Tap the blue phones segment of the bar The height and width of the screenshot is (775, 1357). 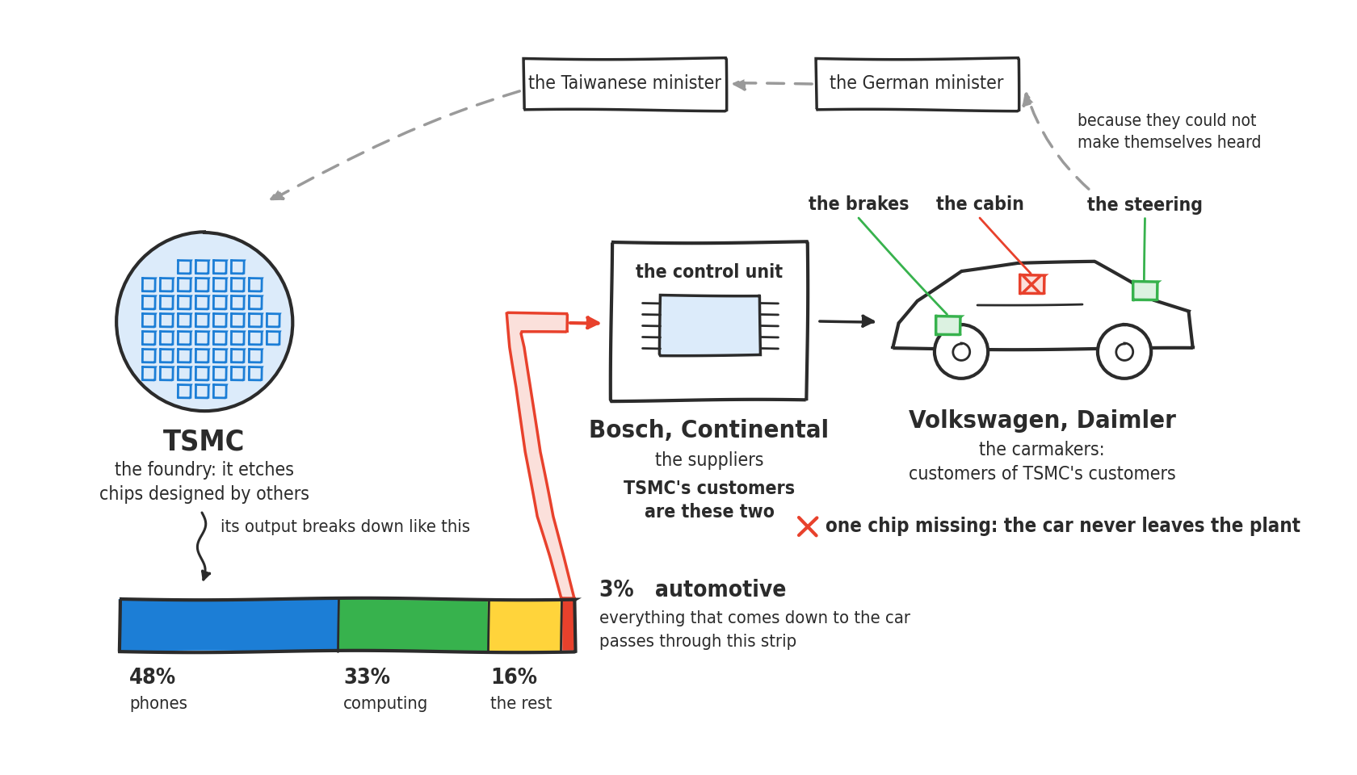click(229, 626)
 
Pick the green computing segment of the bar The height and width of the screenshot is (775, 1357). click(414, 626)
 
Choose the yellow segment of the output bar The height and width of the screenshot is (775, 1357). click(525, 626)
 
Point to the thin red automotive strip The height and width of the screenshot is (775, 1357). click(569, 626)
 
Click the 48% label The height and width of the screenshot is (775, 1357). click(152, 677)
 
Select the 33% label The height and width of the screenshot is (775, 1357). click(367, 677)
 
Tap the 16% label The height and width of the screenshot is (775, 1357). click(514, 677)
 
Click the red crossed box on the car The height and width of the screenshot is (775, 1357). click(1031, 284)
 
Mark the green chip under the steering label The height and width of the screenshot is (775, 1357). click(1145, 291)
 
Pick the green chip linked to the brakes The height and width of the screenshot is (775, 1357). click(947, 325)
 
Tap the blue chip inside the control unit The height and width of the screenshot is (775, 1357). click(710, 325)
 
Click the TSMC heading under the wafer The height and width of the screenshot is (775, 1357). click(204, 441)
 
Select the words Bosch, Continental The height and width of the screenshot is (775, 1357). click(708, 429)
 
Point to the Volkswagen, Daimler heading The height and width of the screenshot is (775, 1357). click(1042, 420)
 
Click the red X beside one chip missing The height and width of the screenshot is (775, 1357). click(808, 526)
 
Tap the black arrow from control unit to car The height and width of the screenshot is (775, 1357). click(847, 321)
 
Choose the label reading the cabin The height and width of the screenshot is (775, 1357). click(980, 203)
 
